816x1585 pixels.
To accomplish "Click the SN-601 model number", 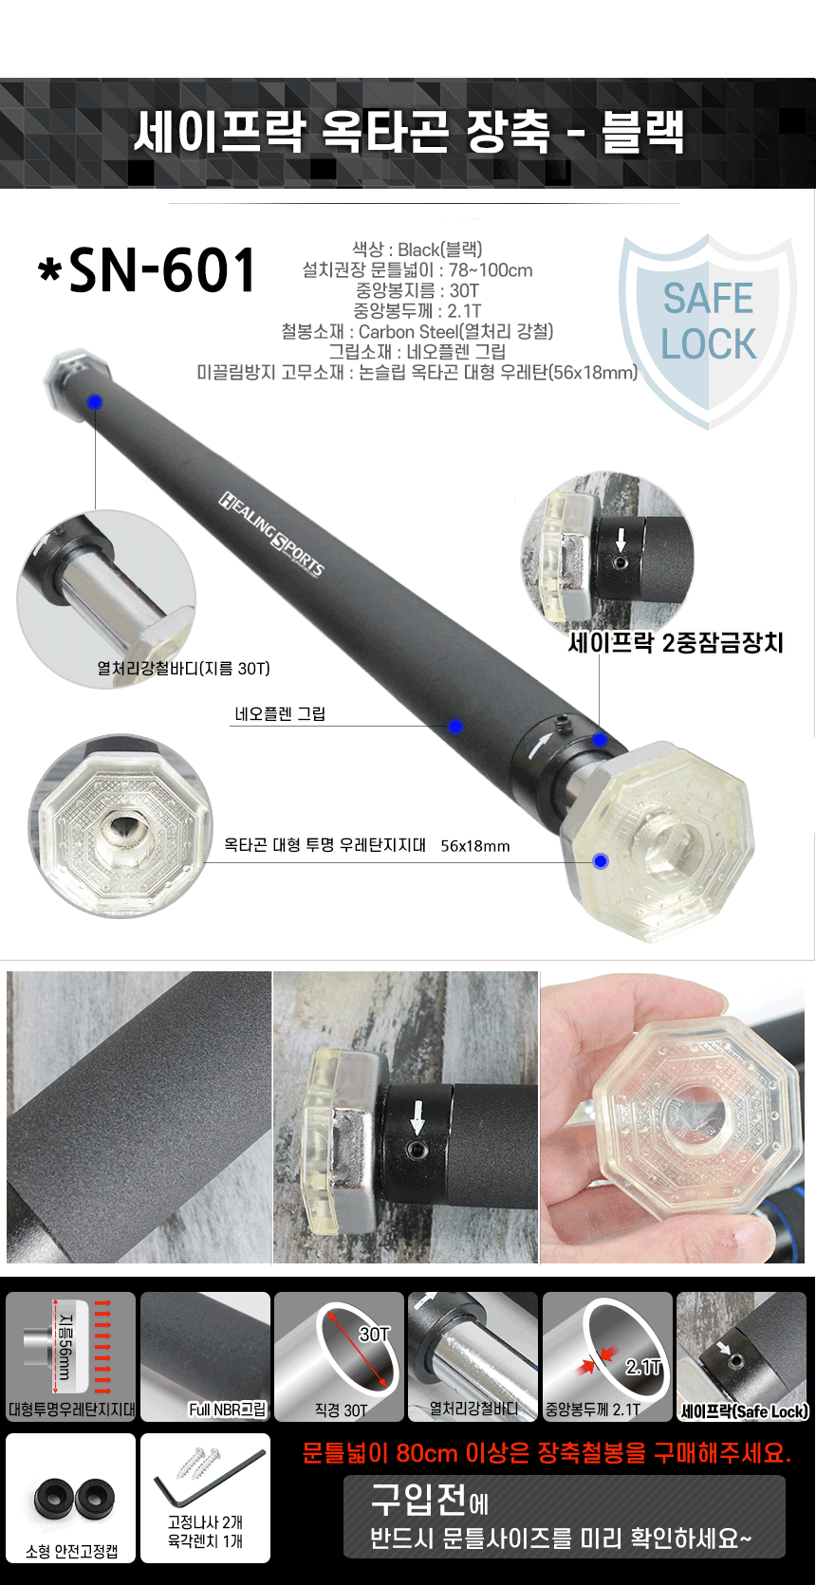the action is [x=147, y=269].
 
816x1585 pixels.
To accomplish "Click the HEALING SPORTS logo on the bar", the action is [x=271, y=533].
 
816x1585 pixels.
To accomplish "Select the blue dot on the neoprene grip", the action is [x=455, y=726].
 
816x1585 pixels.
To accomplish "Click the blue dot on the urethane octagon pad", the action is [x=601, y=860].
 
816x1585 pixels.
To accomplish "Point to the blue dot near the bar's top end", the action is [x=94, y=402].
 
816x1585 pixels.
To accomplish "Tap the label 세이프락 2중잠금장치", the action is [x=676, y=642].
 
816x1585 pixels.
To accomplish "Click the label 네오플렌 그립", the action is [x=280, y=714].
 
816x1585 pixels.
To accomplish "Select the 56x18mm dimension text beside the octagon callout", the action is [x=474, y=845].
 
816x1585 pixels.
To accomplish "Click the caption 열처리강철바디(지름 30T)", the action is [x=183, y=669].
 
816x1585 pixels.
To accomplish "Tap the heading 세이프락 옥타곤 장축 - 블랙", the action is [x=409, y=132].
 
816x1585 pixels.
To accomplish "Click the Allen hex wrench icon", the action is [x=211, y=1480].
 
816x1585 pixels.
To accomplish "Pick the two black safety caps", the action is [x=74, y=1498].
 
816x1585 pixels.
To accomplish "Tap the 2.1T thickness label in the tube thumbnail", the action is [x=642, y=1368].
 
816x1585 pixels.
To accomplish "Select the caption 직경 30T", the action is [x=341, y=1410].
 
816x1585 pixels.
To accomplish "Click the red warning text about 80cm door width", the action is [x=547, y=1453].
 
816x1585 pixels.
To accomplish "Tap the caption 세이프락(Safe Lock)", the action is [x=744, y=1411].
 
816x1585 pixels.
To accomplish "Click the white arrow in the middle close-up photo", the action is [x=417, y=1115].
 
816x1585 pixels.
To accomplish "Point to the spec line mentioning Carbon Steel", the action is [x=417, y=331].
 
